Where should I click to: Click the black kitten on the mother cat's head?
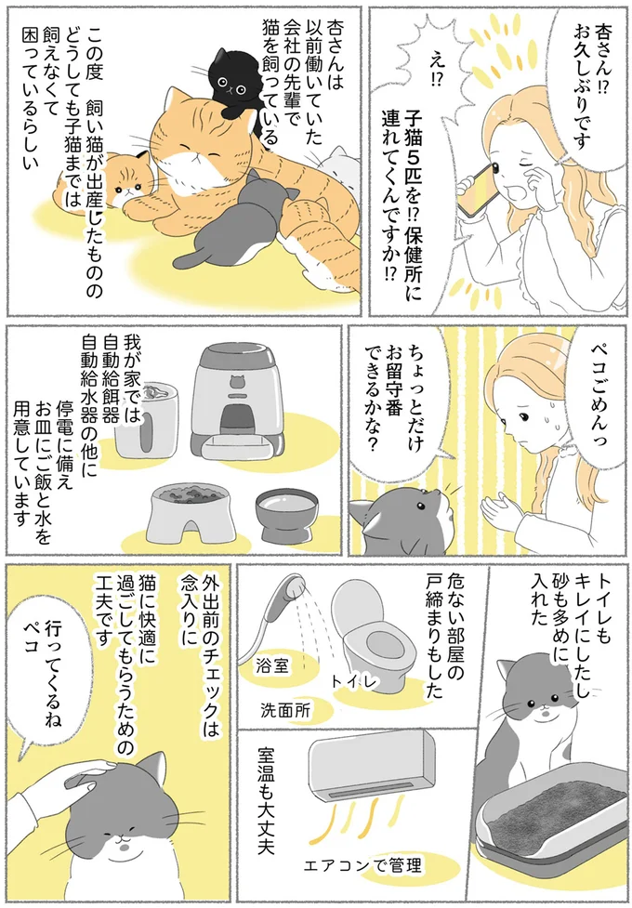(230, 81)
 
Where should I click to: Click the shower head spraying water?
(286, 594)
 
